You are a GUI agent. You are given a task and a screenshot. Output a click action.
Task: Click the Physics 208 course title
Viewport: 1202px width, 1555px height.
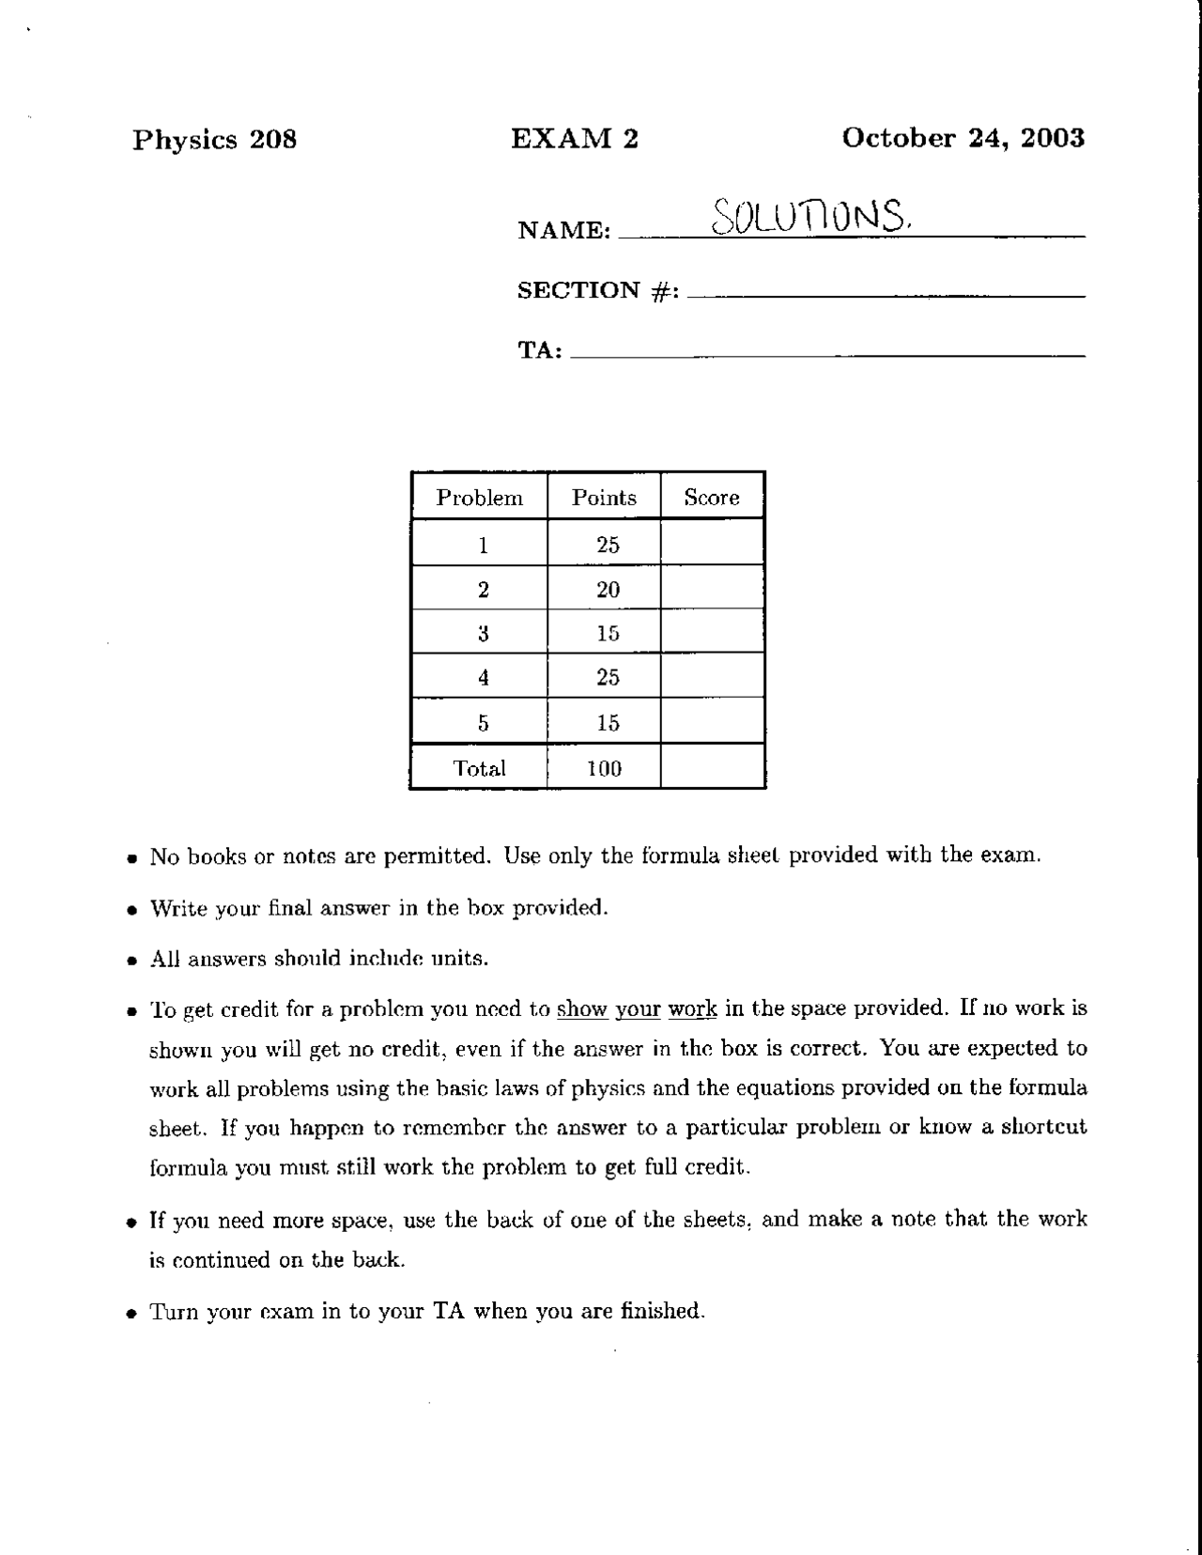(214, 140)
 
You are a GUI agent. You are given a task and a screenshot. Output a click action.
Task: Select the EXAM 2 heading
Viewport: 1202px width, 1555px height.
(574, 139)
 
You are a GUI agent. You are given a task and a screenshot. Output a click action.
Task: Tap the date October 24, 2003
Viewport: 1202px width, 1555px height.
(963, 138)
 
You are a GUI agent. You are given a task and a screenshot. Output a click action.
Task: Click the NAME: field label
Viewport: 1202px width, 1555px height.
(563, 230)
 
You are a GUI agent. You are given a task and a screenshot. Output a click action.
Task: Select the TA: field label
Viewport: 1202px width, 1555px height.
(540, 351)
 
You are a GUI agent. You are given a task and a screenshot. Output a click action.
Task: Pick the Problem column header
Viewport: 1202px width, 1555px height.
(479, 498)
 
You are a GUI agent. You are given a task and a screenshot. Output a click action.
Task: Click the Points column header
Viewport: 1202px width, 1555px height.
(604, 498)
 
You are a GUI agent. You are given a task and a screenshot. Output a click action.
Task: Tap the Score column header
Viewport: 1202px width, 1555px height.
(711, 498)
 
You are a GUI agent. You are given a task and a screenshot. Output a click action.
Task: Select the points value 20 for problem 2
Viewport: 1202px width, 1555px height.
(608, 590)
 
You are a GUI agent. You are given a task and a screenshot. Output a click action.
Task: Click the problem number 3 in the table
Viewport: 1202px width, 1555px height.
(483, 634)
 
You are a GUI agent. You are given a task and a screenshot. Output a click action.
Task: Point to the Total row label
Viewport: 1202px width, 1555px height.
(479, 769)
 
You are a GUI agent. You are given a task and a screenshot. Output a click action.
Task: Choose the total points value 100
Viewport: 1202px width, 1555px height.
(604, 769)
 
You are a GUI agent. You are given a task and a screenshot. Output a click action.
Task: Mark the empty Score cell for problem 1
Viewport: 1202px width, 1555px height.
(712, 544)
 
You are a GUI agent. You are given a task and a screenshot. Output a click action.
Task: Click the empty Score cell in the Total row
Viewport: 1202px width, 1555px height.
(712, 767)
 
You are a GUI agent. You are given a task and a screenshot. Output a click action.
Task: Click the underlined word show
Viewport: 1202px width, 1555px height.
(582, 1009)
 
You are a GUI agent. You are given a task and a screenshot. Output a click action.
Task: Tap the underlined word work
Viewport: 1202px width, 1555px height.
(692, 1009)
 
